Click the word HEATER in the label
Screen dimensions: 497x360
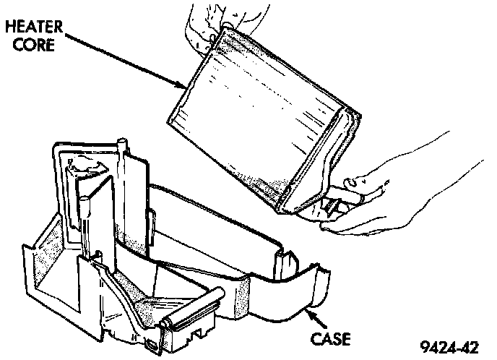pyautogui.click(x=35, y=27)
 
